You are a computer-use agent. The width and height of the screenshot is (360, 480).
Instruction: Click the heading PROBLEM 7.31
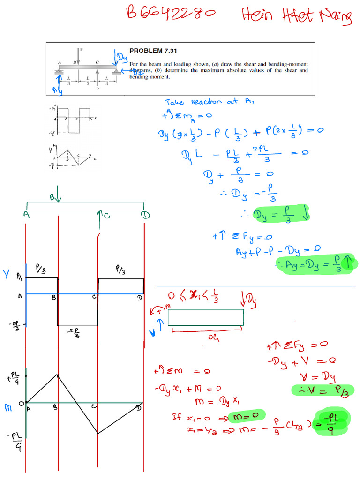pos(152,50)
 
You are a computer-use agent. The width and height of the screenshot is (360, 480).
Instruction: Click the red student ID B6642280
pos(171,14)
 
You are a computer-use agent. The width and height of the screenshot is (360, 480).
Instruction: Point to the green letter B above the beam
pos(52,197)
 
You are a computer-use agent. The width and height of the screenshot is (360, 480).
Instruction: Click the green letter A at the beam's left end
pos(26,215)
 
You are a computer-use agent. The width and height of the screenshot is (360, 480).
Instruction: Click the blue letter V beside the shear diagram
pos(6,275)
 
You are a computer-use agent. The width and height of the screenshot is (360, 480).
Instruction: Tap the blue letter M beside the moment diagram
pos(8,408)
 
